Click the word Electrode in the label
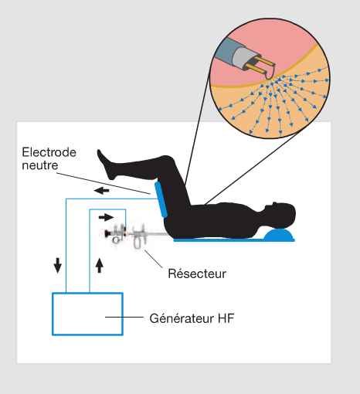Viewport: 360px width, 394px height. tap(49, 152)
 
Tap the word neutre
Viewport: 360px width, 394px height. tap(40, 165)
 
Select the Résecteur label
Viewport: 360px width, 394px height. tap(197, 273)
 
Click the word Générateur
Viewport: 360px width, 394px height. tap(182, 318)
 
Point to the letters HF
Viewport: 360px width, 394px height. tap(226, 318)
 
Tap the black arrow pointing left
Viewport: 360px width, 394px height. tap(101, 191)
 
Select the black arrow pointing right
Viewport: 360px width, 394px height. tap(106, 217)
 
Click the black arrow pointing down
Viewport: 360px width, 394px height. tap(57, 265)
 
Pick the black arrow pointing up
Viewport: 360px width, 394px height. tap(100, 265)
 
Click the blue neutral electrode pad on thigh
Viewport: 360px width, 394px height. tap(161, 199)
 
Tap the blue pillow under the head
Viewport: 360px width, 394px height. tap(278, 234)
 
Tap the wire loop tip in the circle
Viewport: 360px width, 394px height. tap(270, 74)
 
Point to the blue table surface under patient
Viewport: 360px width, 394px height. tap(234, 240)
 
